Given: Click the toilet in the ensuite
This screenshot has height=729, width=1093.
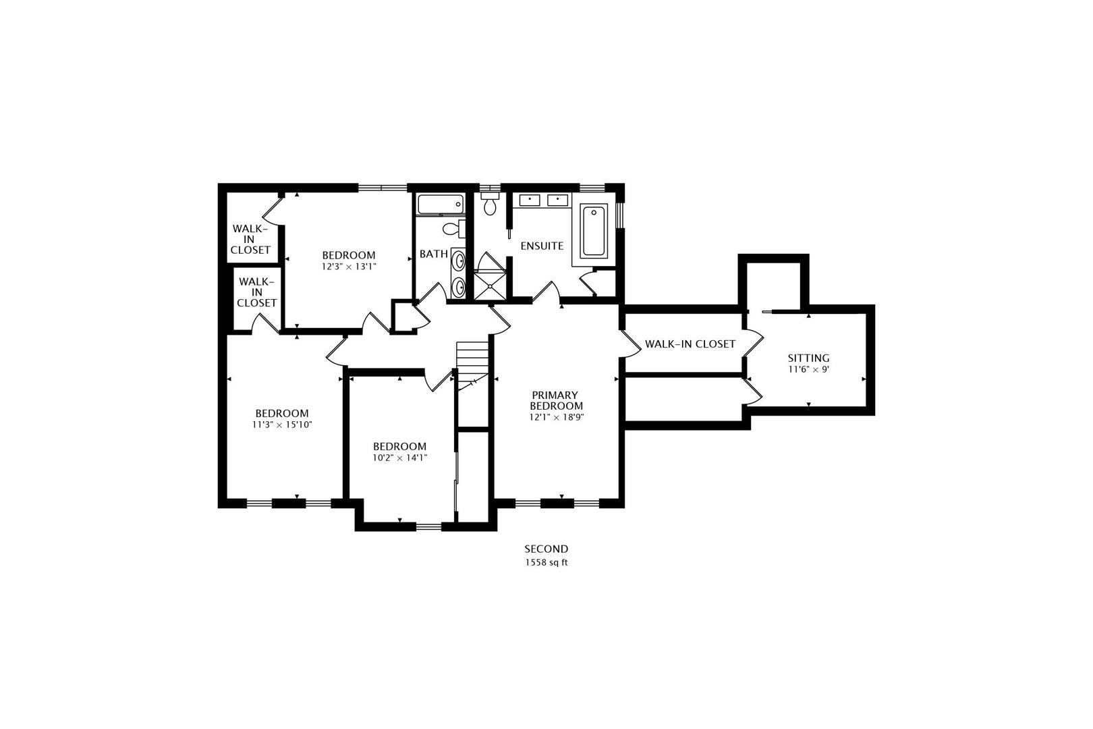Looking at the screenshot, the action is pos(488,203).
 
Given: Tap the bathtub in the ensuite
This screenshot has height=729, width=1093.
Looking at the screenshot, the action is pos(594,231).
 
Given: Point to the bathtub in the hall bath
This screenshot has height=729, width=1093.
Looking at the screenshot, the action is pos(441,204).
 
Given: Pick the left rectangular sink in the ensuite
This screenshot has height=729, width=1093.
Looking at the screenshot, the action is pos(529,200).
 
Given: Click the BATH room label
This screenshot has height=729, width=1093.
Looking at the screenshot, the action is pos(433,254).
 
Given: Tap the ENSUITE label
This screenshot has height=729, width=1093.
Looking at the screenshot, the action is pos(542,246).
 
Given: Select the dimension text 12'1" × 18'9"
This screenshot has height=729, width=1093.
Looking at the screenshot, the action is pos(556,417).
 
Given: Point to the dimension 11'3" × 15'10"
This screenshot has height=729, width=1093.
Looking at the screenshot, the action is pos(282,425).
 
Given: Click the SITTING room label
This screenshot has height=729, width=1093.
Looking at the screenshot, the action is pos(808,358).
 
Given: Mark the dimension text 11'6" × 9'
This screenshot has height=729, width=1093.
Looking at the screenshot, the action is pos(808,370).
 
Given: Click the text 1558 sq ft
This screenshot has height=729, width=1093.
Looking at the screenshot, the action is pos(546,562).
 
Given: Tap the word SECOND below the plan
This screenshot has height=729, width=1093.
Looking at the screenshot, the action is pos(546,549).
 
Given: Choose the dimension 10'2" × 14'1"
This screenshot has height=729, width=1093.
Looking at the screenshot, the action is pos(400,458).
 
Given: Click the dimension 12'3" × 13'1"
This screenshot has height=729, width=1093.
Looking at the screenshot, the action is pos(349,267).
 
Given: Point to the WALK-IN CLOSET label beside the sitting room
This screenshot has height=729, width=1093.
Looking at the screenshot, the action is pos(690,344).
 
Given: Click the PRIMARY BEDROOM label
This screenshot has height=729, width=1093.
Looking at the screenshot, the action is pos(556,400).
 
